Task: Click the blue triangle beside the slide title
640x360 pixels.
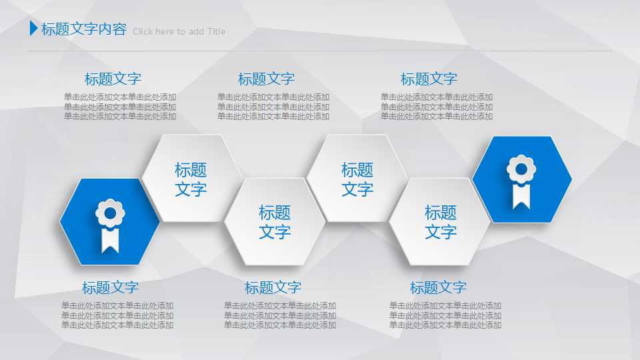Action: (33, 29)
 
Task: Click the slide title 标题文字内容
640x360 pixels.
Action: (83, 29)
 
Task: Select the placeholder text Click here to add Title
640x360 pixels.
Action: (179, 31)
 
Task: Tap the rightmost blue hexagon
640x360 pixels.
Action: (522, 179)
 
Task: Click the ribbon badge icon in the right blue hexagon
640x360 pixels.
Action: (521, 181)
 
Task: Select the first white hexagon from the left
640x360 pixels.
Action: (191, 179)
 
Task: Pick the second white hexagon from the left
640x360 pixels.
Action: (275, 222)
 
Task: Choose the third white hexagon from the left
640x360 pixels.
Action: (357, 179)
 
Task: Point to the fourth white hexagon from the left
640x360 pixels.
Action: (441, 222)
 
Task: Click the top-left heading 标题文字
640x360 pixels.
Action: (113, 79)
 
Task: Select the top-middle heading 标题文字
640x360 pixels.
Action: (266, 79)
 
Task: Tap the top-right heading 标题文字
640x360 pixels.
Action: (429, 79)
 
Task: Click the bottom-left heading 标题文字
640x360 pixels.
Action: (110, 287)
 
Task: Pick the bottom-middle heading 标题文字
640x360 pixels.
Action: (273, 287)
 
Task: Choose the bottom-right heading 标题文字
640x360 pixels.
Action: (438, 287)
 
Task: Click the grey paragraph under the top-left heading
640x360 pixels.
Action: (120, 107)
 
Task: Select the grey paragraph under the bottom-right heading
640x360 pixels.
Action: (445, 315)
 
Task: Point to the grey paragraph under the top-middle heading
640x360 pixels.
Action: (273, 107)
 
